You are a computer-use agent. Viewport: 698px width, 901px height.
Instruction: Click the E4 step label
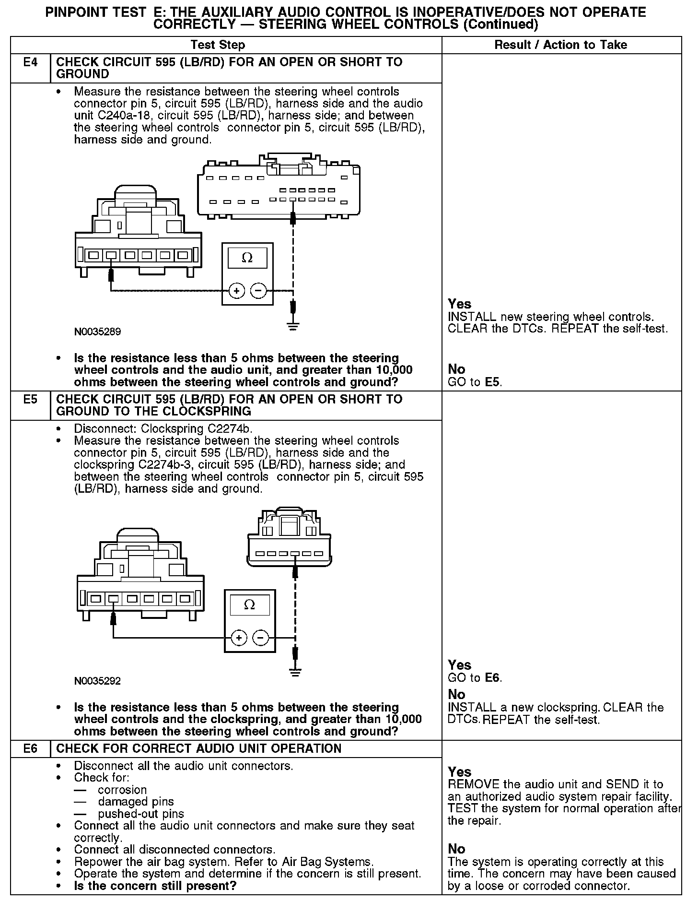[x=30, y=62]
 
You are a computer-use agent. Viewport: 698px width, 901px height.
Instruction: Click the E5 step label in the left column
[x=30, y=400]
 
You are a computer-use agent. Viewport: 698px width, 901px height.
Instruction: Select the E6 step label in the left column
[x=30, y=748]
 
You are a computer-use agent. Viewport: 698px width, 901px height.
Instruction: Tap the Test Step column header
[x=218, y=45]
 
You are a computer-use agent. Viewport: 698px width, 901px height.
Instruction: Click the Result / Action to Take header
[x=560, y=45]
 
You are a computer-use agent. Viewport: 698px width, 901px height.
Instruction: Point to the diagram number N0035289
[x=97, y=332]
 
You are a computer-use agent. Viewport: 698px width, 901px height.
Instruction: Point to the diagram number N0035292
[x=97, y=681]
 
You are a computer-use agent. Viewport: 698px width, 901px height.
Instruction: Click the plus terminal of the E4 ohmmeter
[x=236, y=290]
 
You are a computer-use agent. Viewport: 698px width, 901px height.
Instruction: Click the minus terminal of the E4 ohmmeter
[x=258, y=290]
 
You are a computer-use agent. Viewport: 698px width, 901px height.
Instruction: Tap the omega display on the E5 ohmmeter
[x=249, y=605]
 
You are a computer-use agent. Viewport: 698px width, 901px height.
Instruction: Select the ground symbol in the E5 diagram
[x=296, y=672]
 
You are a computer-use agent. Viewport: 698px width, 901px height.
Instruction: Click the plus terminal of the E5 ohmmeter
[x=239, y=638]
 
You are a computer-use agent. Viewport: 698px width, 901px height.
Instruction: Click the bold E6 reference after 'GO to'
[x=493, y=678]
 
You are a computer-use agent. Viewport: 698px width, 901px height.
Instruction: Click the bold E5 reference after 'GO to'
[x=493, y=382]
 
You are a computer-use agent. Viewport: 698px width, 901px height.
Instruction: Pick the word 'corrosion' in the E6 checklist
[x=122, y=790]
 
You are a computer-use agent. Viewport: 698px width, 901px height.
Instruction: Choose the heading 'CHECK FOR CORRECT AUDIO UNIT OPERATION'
[x=198, y=748]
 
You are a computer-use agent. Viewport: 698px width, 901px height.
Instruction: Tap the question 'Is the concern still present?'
[x=155, y=886]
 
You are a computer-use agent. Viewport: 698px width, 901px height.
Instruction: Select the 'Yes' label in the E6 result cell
[x=460, y=772]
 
